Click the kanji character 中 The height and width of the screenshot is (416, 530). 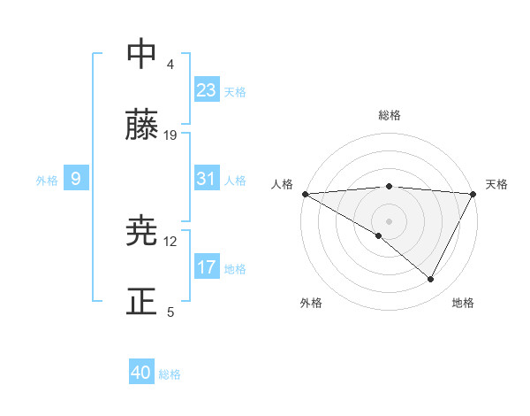(142, 55)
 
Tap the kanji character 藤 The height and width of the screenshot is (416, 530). (142, 126)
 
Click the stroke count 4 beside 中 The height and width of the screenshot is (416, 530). (170, 65)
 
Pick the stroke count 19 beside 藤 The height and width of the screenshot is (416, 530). (170, 135)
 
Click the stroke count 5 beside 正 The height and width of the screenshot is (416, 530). (170, 312)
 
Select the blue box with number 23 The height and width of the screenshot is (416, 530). (207, 90)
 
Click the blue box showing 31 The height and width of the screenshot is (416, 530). (207, 179)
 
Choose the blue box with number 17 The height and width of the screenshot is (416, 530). (207, 267)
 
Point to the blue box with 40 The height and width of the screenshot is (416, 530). (141, 374)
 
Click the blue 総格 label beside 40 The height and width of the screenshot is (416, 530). (170, 374)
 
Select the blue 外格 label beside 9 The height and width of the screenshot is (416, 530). (47, 181)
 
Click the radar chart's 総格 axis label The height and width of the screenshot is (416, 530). (389, 115)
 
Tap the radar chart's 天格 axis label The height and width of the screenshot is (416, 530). (496, 184)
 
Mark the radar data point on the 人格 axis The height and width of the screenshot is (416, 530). (305, 194)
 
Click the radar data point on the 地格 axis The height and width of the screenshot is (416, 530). (431, 280)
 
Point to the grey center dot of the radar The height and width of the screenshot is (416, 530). (389, 220)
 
